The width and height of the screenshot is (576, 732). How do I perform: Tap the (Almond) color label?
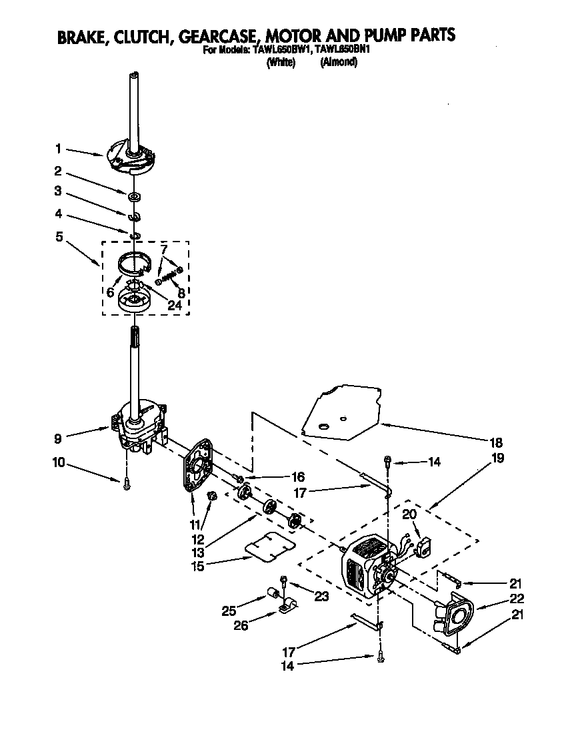(x=339, y=62)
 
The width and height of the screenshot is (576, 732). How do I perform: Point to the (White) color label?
(x=281, y=62)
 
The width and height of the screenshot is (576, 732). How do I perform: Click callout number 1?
(x=59, y=148)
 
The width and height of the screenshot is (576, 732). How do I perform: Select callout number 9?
(x=59, y=438)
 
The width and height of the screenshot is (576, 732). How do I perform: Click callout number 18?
(x=497, y=442)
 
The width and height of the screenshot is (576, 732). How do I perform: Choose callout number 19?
(x=497, y=458)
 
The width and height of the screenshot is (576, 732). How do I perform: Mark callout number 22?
(x=517, y=599)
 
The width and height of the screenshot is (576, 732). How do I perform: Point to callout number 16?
(x=297, y=477)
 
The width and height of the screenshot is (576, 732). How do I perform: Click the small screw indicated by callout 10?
(x=125, y=485)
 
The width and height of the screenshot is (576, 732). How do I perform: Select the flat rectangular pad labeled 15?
(x=269, y=547)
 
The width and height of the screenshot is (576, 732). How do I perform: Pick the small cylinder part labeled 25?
(x=272, y=593)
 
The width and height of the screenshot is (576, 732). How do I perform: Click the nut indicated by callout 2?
(x=134, y=196)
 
